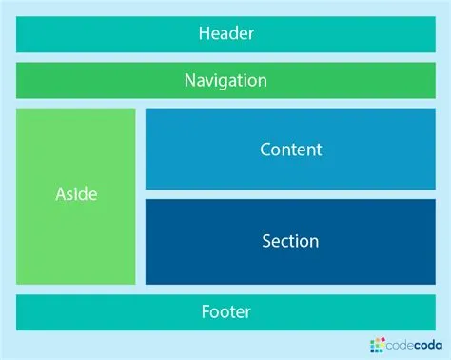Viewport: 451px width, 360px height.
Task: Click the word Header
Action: [225, 34]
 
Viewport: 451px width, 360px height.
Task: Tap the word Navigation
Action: [225, 80]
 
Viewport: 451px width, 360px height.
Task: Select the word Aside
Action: [76, 194]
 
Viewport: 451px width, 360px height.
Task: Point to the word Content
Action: [290, 150]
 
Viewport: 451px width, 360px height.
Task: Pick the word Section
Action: [290, 241]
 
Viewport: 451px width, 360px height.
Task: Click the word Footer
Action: [225, 311]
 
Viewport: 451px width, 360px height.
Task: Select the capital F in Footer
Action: [206, 311]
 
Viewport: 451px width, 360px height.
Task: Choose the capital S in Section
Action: [267, 241]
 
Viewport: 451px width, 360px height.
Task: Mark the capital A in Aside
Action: [61, 194]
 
